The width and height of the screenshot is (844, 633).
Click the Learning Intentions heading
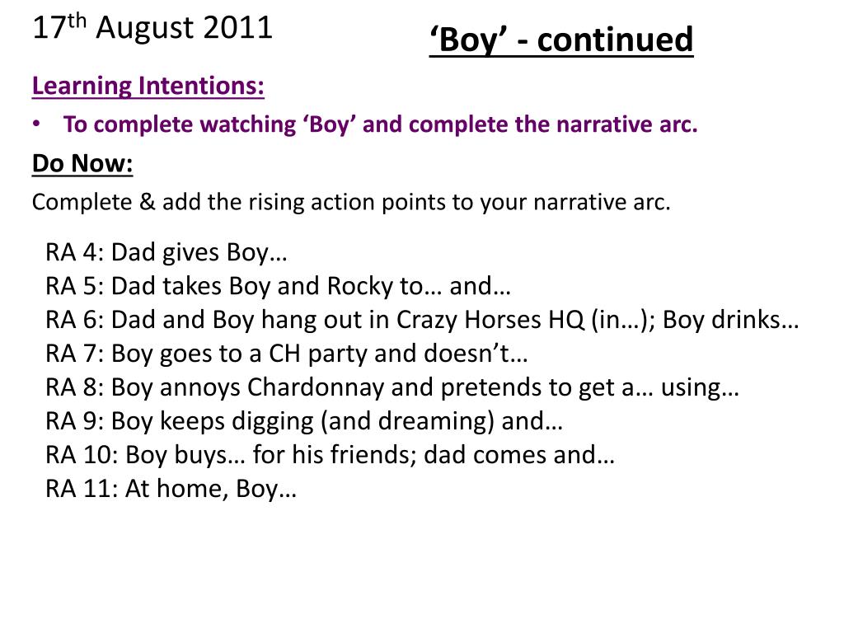coord(148,86)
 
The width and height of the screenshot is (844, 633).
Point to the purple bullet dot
coord(36,123)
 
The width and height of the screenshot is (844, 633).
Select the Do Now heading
coord(82,164)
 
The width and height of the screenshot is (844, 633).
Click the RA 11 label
coord(79,489)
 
